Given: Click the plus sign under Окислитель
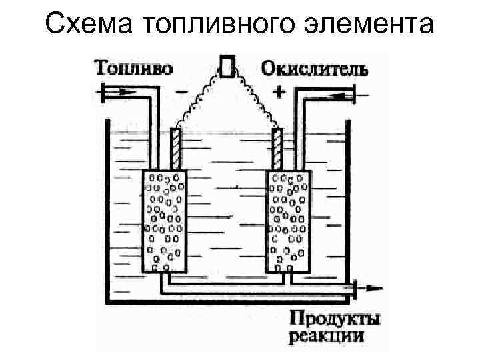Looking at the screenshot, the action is point(279,92).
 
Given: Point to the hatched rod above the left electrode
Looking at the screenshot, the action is point(176,148).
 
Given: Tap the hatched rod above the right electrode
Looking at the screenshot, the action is point(277,148).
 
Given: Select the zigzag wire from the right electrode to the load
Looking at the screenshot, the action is point(257,97).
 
